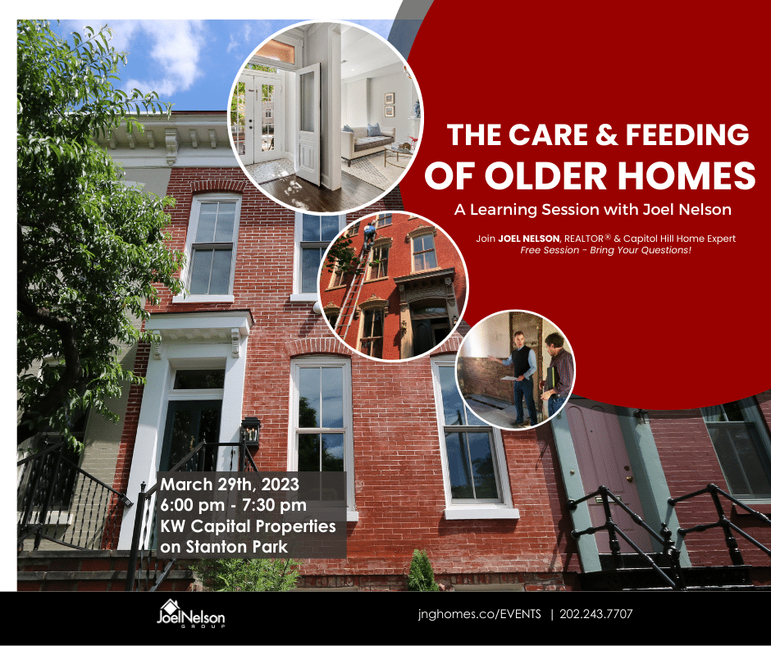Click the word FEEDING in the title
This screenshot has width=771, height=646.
tap(687, 134)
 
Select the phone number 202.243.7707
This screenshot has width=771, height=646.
tap(596, 614)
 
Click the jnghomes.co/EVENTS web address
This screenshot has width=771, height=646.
tap(480, 614)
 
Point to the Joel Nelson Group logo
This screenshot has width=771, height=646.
tap(191, 613)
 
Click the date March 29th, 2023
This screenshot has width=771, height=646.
tap(230, 484)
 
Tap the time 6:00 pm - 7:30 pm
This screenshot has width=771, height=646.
tap(233, 505)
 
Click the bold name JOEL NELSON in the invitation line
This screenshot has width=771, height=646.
tap(528, 239)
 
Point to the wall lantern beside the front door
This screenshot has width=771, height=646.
tap(250, 431)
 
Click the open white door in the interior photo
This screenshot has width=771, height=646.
tap(308, 124)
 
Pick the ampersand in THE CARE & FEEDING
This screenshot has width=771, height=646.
tap(607, 134)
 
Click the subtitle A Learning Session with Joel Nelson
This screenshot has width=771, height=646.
tap(592, 210)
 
